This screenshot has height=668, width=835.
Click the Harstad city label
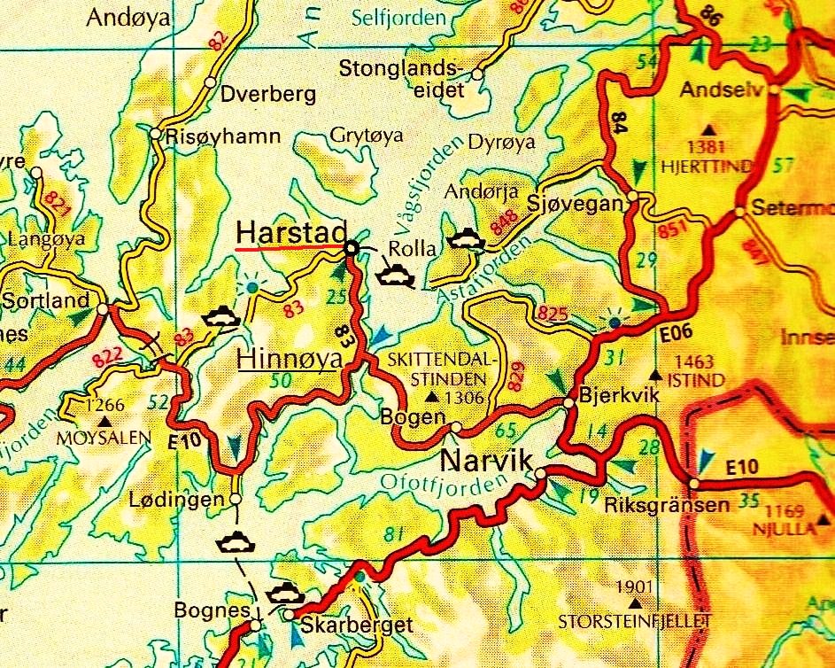pos(290,232)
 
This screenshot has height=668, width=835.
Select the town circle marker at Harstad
pos(352,249)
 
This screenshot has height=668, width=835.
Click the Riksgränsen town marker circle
pos(694,484)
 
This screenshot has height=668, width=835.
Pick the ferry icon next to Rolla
pos(394,276)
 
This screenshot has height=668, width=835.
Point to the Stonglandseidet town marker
pos(477,74)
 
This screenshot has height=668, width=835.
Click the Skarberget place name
pos(357,625)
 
